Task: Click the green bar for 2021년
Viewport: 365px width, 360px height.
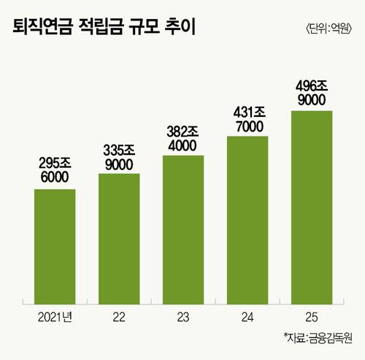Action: tap(55, 247)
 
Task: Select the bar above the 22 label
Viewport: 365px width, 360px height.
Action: tap(119, 239)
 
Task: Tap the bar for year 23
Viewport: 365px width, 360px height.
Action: tap(183, 230)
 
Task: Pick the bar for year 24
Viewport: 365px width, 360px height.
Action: tap(247, 220)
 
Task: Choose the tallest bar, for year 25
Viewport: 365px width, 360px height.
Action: tap(312, 207)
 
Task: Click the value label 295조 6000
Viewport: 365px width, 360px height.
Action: tap(55, 170)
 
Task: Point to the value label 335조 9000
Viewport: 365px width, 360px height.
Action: tap(119, 158)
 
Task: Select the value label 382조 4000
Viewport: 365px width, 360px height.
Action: tap(183, 139)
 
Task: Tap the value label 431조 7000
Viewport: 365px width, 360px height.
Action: tap(250, 120)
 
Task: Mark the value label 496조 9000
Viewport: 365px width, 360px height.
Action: tap(312, 93)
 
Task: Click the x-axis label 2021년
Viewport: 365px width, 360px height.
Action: tap(55, 318)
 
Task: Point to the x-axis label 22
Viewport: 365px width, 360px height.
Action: tap(119, 318)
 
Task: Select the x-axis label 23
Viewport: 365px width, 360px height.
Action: tap(183, 318)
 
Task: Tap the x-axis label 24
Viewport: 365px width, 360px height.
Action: tap(247, 318)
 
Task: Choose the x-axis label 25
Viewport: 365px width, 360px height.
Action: tap(312, 318)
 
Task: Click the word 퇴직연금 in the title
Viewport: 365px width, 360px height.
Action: tap(42, 26)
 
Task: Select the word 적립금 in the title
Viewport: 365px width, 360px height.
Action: tap(101, 26)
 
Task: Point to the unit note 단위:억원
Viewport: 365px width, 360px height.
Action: tap(328, 28)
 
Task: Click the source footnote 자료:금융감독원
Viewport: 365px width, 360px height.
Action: tap(318, 337)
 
